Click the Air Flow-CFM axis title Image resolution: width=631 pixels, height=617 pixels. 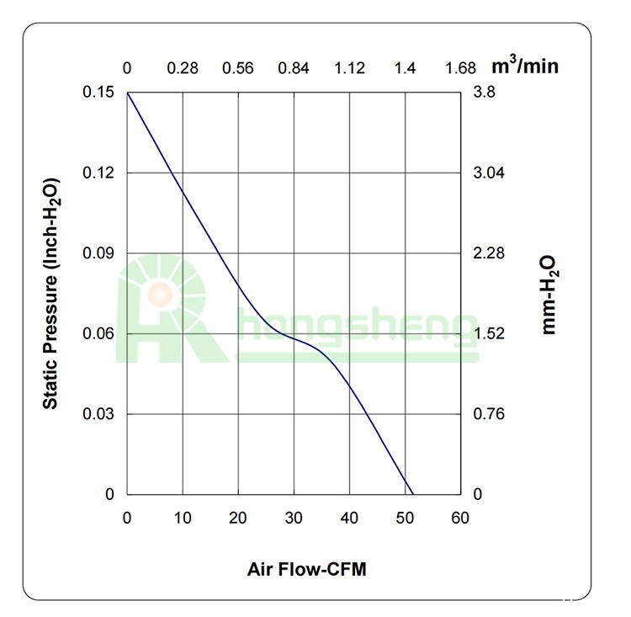(x=307, y=569)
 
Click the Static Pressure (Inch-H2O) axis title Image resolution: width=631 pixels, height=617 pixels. (x=51, y=293)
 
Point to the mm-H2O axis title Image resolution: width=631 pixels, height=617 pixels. (x=549, y=295)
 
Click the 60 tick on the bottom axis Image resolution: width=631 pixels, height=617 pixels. (x=460, y=518)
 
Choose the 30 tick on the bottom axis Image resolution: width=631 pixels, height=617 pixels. (x=294, y=518)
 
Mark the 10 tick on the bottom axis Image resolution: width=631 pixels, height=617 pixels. (x=183, y=518)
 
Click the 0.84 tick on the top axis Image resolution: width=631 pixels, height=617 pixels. (x=294, y=68)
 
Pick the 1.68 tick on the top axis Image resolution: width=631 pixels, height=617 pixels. (x=460, y=68)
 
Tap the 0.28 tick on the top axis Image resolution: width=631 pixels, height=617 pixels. (x=183, y=68)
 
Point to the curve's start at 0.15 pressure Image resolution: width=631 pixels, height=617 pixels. (x=128, y=93)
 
